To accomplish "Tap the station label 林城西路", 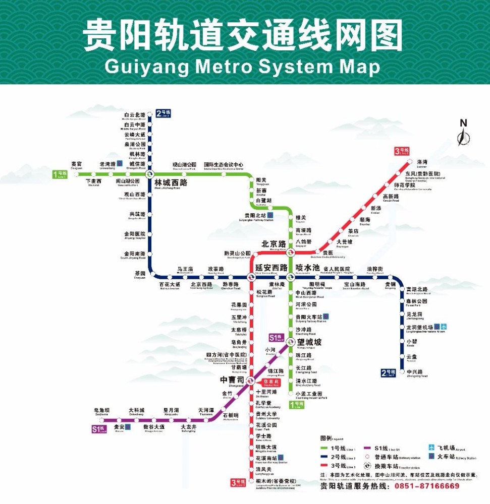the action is pos(171,182).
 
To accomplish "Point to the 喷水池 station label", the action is pos(308,268).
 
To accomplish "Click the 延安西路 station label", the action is pos(271,267).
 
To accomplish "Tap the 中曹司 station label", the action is pos(232,380).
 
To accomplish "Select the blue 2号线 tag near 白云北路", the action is pos(164,113).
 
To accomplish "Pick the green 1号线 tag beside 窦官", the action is pos(60,175).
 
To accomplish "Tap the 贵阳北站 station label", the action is pos(256,215).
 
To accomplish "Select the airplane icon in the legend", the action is pos(431,448).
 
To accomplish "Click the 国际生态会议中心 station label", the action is pos(224,165).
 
